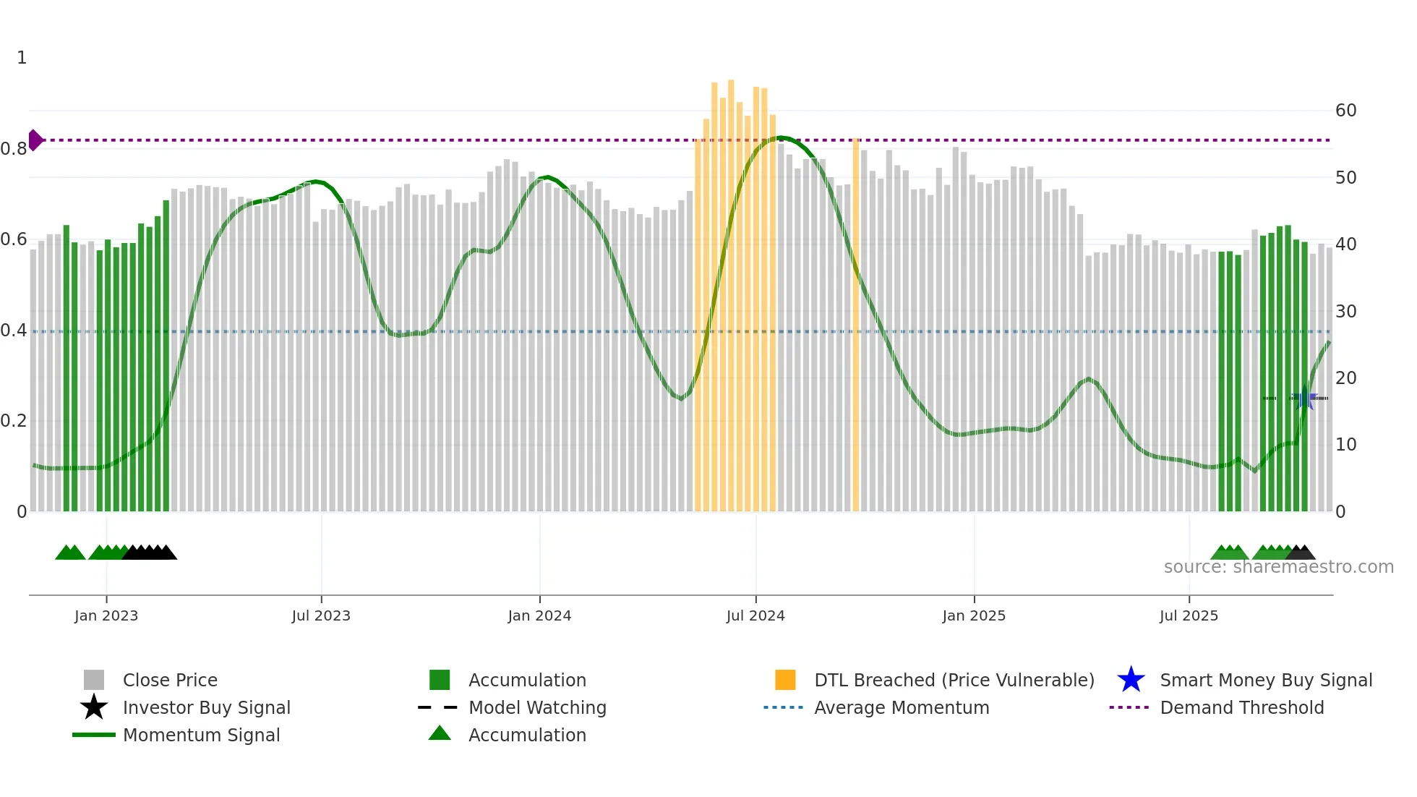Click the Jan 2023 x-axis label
pyautogui.click(x=106, y=615)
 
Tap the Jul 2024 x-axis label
pyautogui.click(x=755, y=615)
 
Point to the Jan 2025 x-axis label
pyautogui.click(x=974, y=615)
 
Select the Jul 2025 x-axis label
pyautogui.click(x=1189, y=615)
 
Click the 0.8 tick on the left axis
pyautogui.click(x=14, y=149)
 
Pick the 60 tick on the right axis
pyautogui.click(x=1345, y=111)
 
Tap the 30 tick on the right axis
pyautogui.click(x=1345, y=312)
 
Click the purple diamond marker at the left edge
pyautogui.click(x=35, y=140)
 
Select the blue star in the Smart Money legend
pyautogui.click(x=1131, y=680)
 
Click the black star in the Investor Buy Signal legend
pyautogui.click(x=94, y=707)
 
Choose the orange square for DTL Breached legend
pyautogui.click(x=785, y=680)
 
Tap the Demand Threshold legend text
pyautogui.click(x=1241, y=707)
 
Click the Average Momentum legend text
pyautogui.click(x=902, y=707)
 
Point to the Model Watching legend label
pyautogui.click(x=537, y=707)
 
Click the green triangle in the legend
pyautogui.click(x=440, y=733)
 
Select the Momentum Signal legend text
pyautogui.click(x=201, y=735)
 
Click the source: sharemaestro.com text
pyautogui.click(x=1278, y=566)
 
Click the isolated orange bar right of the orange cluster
pyautogui.click(x=855, y=325)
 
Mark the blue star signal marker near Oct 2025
pyautogui.click(x=1305, y=399)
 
